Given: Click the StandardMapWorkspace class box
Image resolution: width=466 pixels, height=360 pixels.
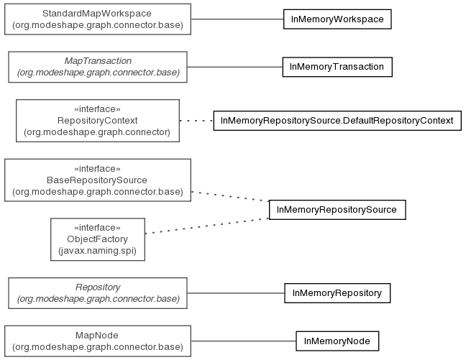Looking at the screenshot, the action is (x=98, y=19).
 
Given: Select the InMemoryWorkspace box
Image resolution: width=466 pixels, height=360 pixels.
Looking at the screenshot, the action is (x=337, y=19).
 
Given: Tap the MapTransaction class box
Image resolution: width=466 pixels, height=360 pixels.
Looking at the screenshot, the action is (x=98, y=67).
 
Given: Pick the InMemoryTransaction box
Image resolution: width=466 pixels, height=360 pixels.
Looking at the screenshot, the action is (x=337, y=67).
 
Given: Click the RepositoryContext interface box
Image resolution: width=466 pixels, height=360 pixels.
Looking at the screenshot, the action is (x=98, y=121).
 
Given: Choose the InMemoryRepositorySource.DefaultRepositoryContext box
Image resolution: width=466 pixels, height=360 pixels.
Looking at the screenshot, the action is (x=337, y=121).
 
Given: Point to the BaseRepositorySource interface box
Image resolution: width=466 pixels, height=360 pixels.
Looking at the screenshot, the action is (x=98, y=180).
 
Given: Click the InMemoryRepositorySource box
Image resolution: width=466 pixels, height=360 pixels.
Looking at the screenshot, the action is (x=337, y=210).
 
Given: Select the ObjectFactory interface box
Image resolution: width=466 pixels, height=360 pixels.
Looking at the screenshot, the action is (x=98, y=239).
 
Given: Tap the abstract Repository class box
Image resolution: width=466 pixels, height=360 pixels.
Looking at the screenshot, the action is (x=98, y=293).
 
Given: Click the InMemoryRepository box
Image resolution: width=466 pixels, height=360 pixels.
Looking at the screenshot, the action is (x=337, y=293).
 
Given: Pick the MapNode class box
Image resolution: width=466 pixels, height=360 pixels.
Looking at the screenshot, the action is (x=98, y=341).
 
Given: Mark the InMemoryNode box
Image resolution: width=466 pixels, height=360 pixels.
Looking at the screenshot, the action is (x=337, y=341).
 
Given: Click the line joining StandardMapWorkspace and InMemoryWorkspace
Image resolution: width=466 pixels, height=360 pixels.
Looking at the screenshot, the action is (x=237, y=19).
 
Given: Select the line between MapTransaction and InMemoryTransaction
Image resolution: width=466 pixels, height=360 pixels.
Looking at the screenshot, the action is (x=234, y=67).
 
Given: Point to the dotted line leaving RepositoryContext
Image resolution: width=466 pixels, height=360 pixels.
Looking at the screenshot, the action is (x=196, y=121).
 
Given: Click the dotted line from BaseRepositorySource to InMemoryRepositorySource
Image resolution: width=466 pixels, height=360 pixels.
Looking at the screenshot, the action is (x=230, y=196).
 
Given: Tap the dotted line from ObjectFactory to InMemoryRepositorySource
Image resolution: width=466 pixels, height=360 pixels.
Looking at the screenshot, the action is (x=207, y=226).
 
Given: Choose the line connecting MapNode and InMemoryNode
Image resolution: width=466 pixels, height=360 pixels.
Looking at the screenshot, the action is (x=243, y=341).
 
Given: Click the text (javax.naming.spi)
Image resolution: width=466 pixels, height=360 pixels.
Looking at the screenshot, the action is (x=98, y=251).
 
